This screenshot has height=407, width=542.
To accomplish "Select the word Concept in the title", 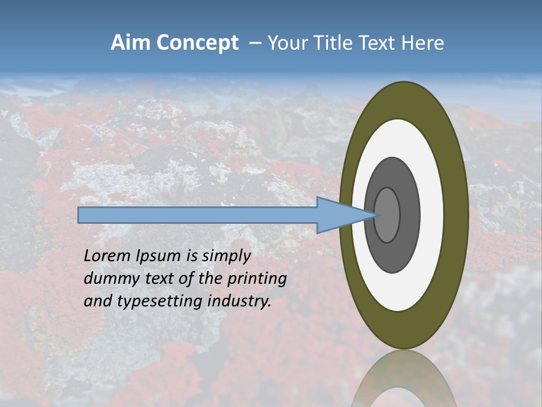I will (x=197, y=43).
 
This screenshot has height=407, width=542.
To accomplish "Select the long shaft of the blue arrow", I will (x=198, y=215).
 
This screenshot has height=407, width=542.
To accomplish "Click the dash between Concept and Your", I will (x=255, y=43).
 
